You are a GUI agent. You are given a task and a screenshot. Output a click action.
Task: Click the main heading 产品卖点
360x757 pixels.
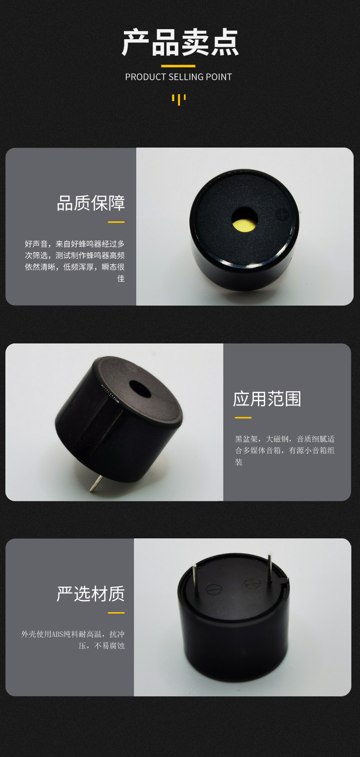point(180,42)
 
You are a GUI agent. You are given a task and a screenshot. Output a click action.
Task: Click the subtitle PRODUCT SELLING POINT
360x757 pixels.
point(179,77)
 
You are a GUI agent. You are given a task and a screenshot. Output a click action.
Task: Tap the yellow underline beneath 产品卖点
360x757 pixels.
point(178,66)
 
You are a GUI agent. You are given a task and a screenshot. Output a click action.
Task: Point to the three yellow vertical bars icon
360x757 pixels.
point(179,100)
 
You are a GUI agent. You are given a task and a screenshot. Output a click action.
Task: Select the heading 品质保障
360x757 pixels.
point(91,203)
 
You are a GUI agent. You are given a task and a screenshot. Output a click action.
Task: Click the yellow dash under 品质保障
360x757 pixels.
point(116,222)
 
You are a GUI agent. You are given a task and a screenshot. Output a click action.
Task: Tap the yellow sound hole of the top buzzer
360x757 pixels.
point(244,220)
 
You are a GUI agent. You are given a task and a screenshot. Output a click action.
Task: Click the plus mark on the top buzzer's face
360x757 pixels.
point(282,214)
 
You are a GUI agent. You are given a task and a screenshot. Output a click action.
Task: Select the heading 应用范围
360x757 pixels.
point(267,399)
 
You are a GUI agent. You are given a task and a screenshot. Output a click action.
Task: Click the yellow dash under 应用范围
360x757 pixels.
point(243,418)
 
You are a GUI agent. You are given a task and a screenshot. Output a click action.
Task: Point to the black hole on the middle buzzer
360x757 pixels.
point(140,389)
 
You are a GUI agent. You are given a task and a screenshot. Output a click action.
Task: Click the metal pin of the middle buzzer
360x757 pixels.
point(95,483)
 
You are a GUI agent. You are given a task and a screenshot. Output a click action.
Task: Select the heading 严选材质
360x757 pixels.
point(91,594)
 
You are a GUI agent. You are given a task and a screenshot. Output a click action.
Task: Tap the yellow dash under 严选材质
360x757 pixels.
point(116,613)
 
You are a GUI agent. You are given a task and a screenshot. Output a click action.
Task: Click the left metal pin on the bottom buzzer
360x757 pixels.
point(195,580)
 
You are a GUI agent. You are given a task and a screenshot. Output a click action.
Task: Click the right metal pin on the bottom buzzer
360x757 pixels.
point(270,570)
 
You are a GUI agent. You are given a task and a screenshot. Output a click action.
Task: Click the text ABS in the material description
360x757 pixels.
point(57,634)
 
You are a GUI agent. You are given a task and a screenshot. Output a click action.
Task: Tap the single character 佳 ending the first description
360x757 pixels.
point(121,278)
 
